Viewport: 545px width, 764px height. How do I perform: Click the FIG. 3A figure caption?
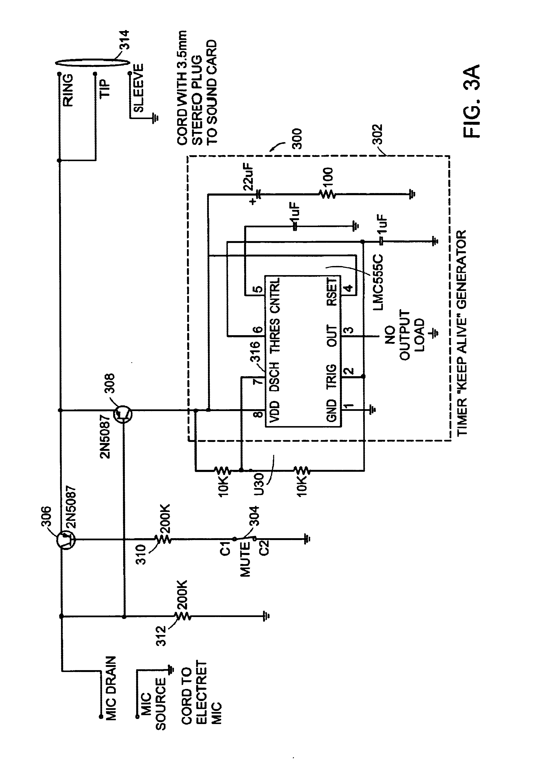click(472, 101)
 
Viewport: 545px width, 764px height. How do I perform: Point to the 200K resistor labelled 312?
click(182, 616)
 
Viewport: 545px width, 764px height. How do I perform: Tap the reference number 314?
click(124, 40)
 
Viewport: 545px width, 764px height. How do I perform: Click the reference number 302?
click(377, 134)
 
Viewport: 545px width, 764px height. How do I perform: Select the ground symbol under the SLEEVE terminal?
click(155, 118)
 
